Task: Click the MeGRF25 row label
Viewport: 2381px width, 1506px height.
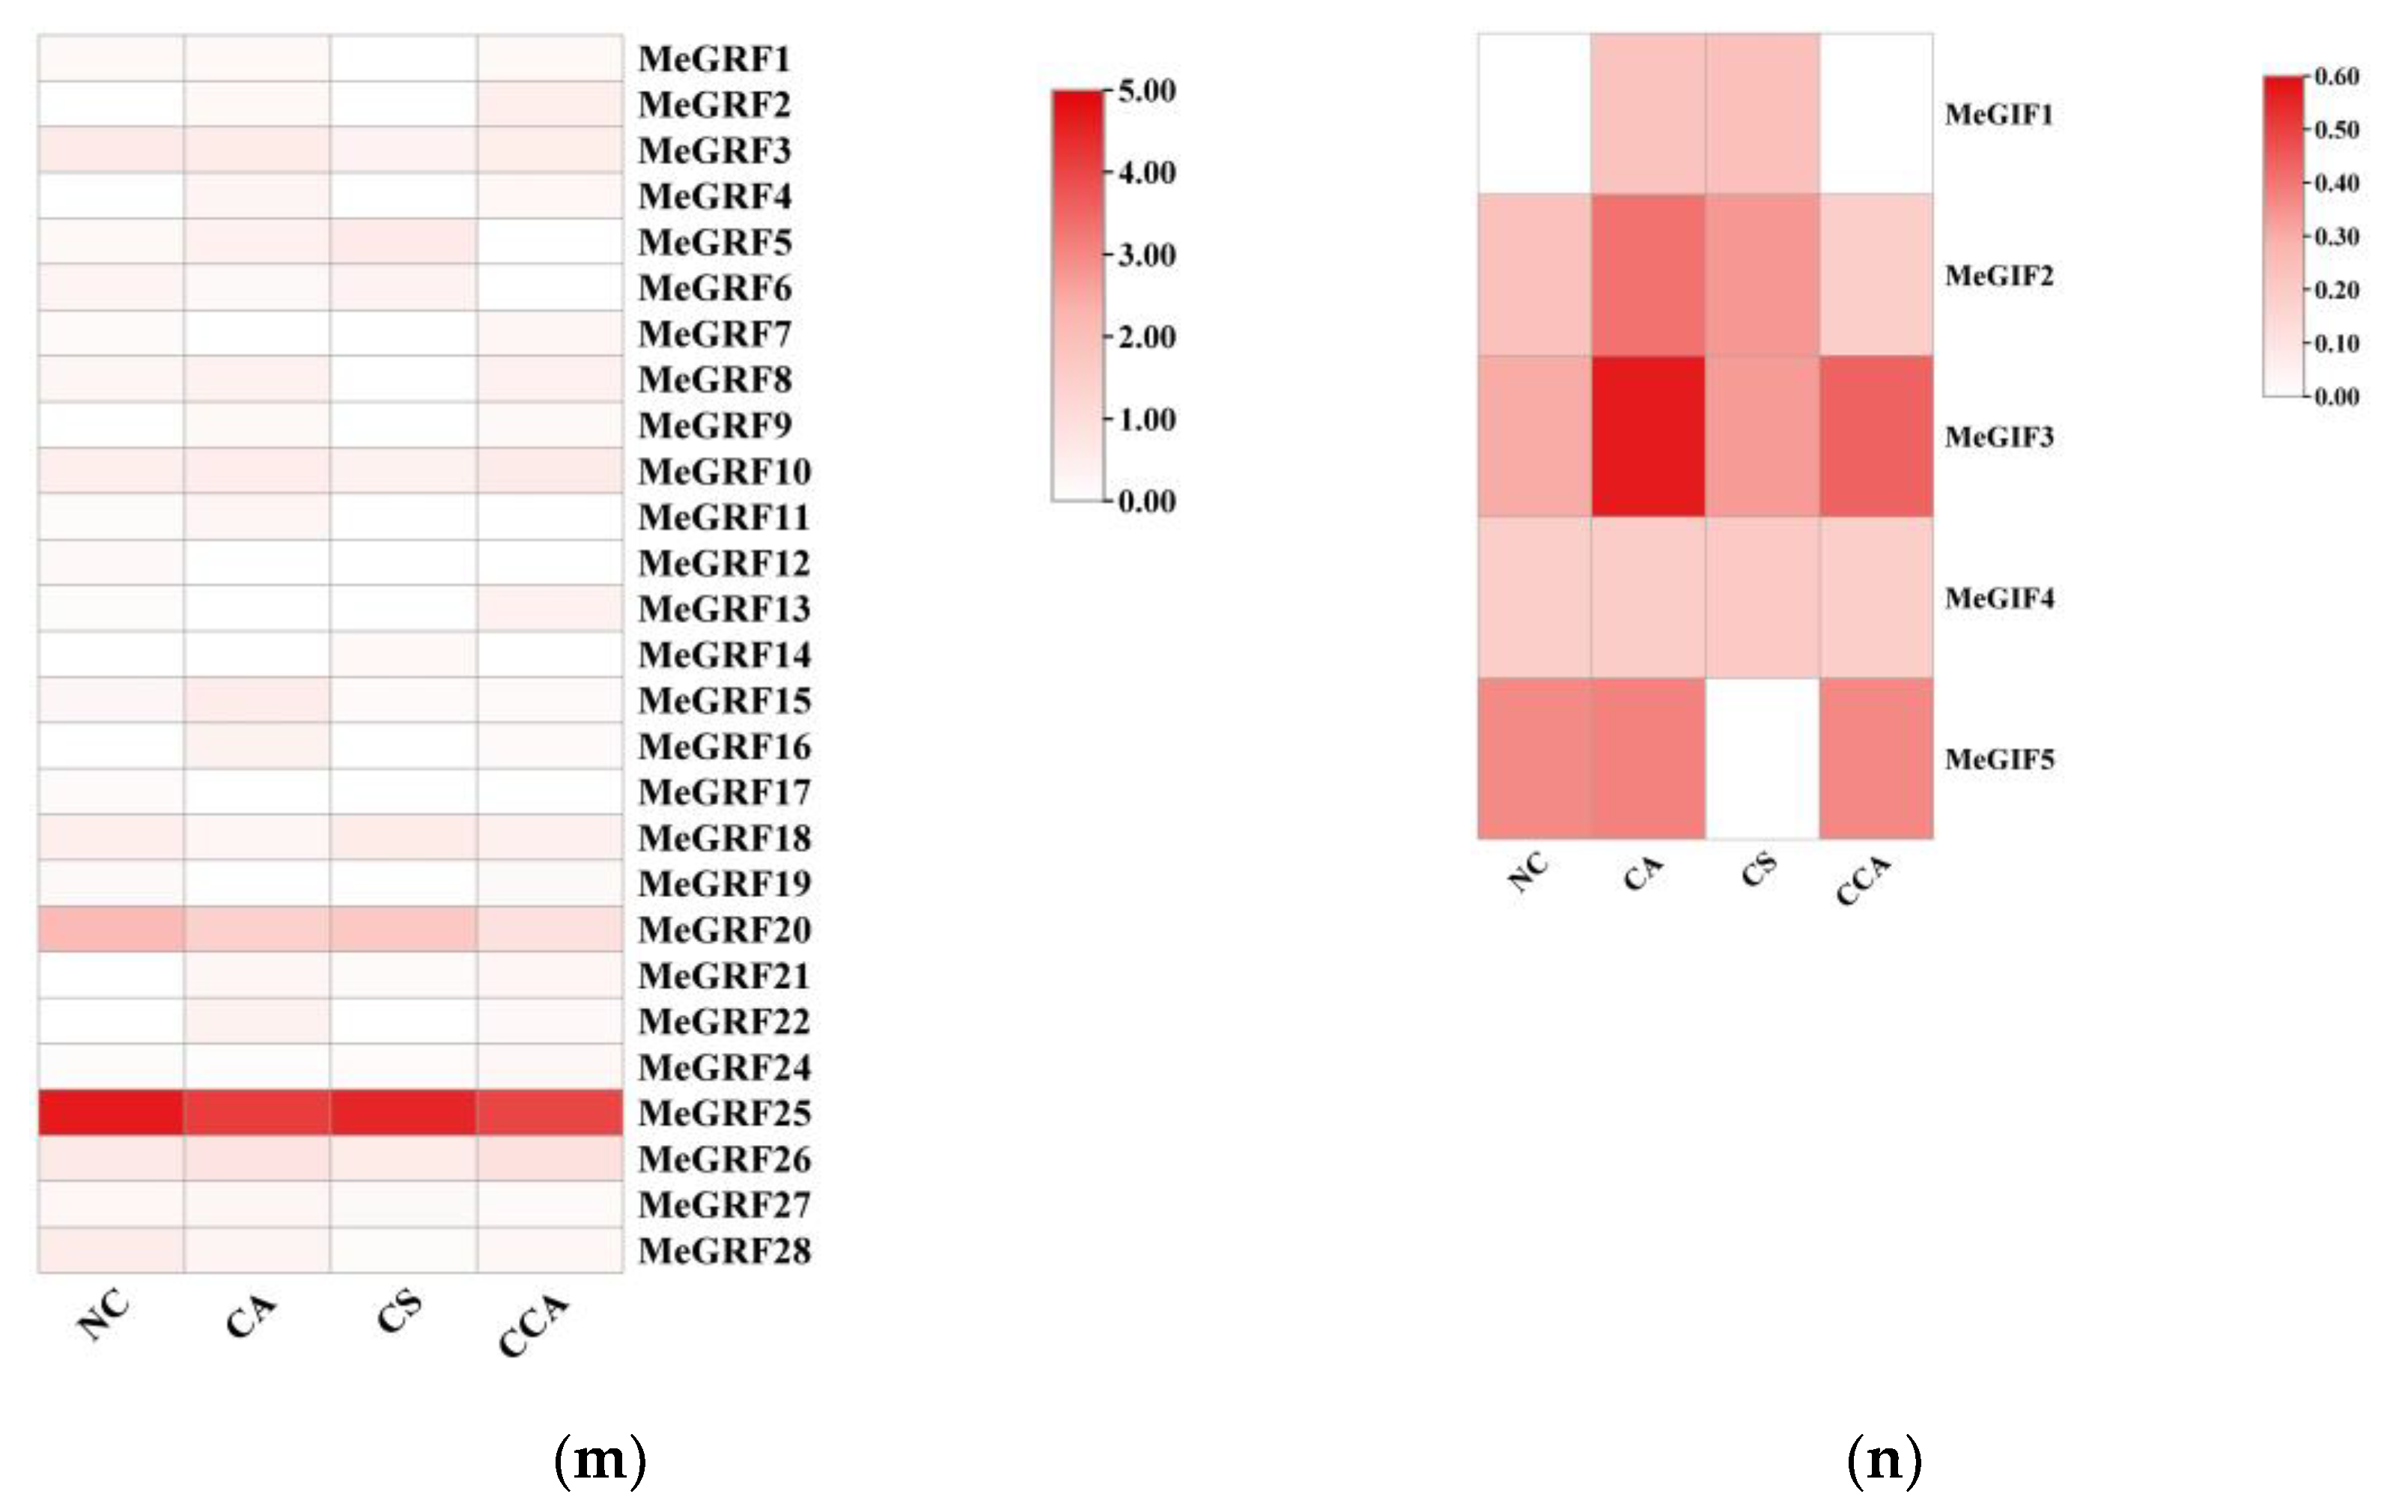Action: (x=724, y=1114)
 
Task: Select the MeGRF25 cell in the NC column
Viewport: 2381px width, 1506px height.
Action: (x=111, y=1112)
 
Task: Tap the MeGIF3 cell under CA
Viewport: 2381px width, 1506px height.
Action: (x=1647, y=436)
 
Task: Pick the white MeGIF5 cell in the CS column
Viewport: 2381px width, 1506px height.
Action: (x=1761, y=759)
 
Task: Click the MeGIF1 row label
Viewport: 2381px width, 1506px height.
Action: (x=1998, y=115)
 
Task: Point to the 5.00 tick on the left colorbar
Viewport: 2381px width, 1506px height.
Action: (x=1145, y=91)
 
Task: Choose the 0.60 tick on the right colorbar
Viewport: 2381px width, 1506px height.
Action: (x=2335, y=77)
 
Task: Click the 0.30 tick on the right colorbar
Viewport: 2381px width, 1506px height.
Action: (x=2335, y=237)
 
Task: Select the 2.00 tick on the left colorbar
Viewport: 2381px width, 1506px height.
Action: (x=1145, y=337)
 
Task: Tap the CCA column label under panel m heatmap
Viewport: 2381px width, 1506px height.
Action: (x=534, y=1325)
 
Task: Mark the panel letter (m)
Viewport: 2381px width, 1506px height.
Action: (x=599, y=1460)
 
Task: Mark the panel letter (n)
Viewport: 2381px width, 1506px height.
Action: (x=1884, y=1460)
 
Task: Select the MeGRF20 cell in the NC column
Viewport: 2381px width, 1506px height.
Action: (x=111, y=929)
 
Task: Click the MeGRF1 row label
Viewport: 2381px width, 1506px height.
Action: (x=714, y=59)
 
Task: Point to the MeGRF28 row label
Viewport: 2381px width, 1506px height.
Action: (x=724, y=1251)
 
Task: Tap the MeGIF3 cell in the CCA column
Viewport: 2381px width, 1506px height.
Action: (x=1876, y=436)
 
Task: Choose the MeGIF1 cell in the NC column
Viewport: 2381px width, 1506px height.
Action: (x=1533, y=114)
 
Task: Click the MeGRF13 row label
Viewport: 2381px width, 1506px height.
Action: (x=724, y=609)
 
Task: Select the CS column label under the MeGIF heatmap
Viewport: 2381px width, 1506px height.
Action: (x=1759, y=870)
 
